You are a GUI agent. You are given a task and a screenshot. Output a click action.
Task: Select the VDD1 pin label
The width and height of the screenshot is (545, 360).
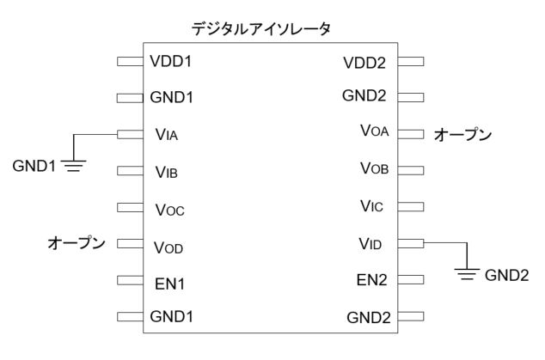(x=172, y=62)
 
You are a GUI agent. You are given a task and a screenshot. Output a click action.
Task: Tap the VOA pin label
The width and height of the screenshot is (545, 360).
(x=375, y=131)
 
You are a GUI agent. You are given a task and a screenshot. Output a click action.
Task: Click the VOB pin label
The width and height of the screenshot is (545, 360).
(x=375, y=168)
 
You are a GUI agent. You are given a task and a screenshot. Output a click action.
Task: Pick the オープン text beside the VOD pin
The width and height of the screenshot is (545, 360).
(x=76, y=244)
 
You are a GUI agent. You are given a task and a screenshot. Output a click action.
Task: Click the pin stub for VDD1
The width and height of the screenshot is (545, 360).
(x=129, y=62)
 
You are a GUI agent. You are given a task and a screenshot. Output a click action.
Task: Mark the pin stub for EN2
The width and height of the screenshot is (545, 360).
(x=411, y=279)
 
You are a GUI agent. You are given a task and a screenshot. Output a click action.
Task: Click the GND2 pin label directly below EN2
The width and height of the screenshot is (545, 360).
(x=368, y=317)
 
